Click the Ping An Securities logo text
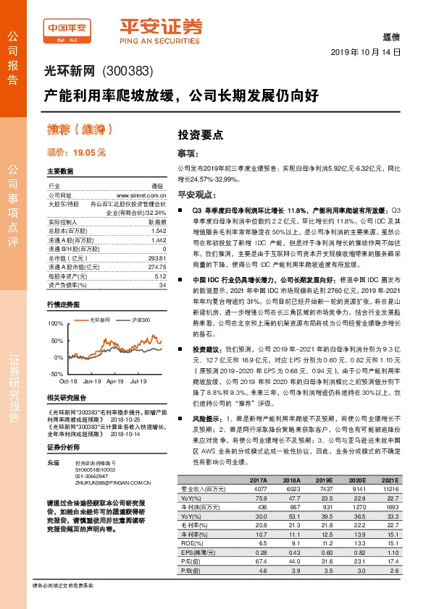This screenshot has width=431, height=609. click(x=161, y=30)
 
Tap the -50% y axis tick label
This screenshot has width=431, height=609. click(x=54, y=374)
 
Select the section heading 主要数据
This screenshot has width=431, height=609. click(x=60, y=172)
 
